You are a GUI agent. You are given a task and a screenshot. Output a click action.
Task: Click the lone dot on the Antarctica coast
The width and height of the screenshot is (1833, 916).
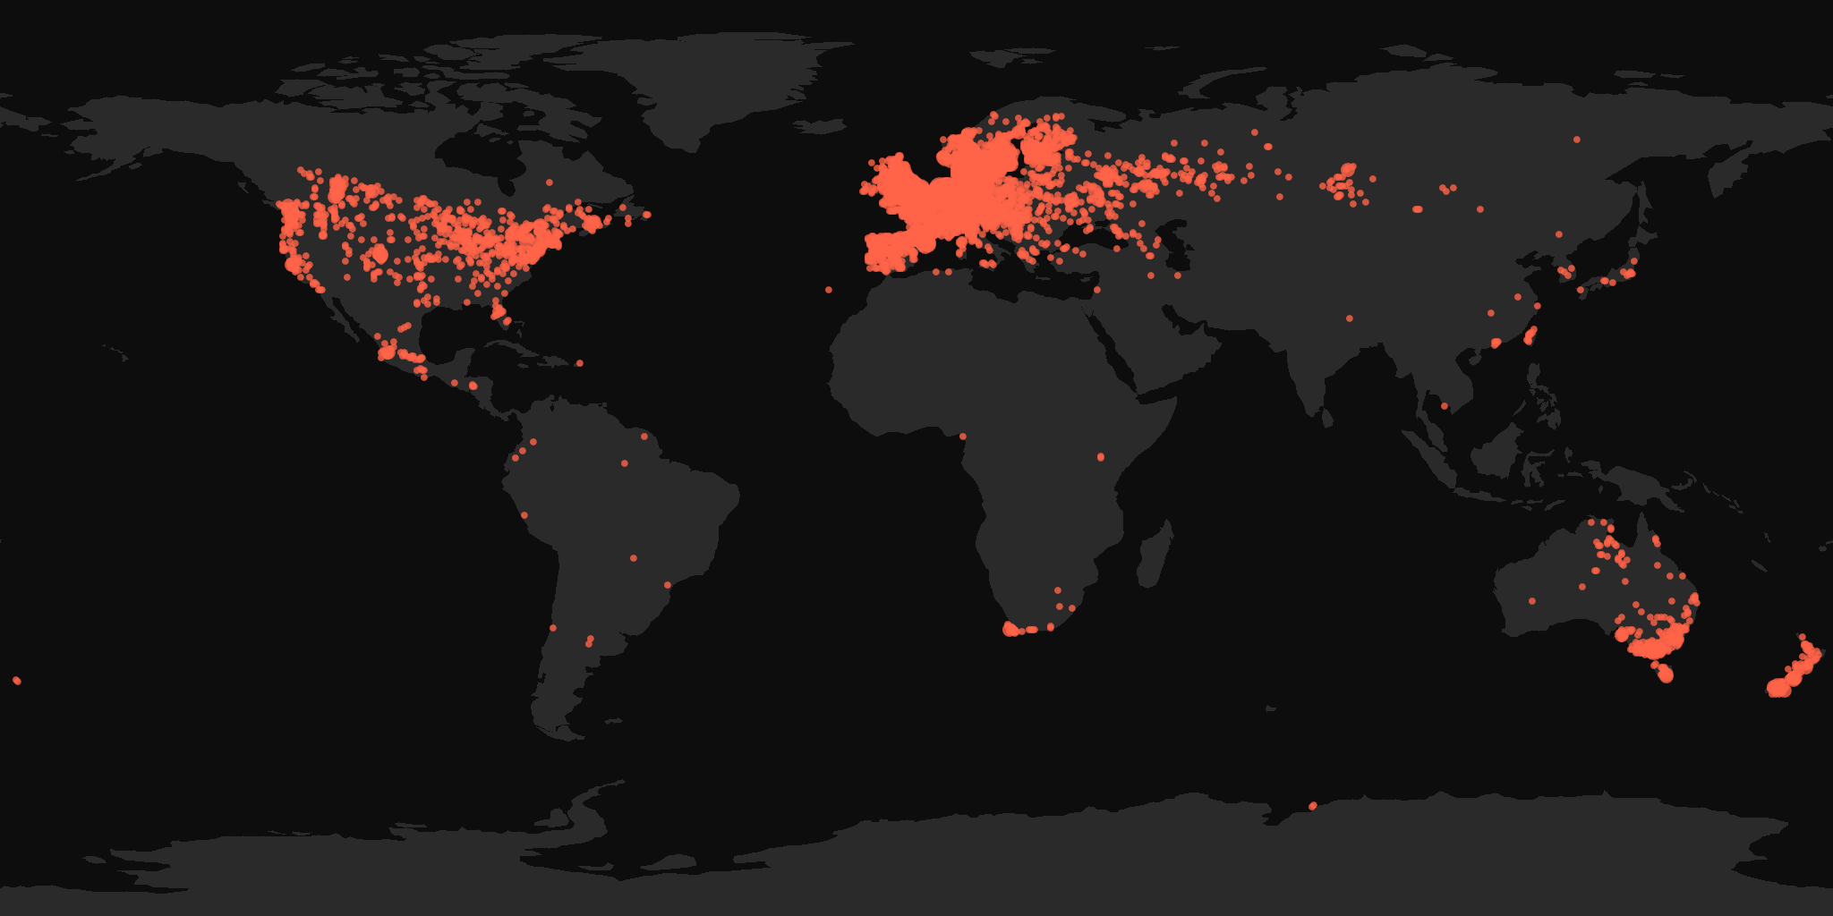(1313, 806)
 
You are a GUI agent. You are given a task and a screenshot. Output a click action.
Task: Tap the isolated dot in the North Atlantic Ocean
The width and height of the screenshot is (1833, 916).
(829, 290)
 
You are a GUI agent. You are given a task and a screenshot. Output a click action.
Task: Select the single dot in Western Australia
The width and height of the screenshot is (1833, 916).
(1532, 601)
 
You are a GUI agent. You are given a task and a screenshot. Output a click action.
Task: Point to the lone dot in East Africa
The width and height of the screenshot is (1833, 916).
(1101, 457)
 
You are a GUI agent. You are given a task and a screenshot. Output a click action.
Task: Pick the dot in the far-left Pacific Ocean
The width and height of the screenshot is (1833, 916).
(17, 681)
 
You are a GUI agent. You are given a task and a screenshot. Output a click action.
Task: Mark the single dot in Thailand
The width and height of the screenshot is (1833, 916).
(1445, 406)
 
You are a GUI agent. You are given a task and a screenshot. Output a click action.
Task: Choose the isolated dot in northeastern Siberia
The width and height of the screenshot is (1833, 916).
(1576, 140)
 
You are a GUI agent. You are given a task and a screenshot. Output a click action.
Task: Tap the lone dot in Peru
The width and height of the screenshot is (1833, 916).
(524, 514)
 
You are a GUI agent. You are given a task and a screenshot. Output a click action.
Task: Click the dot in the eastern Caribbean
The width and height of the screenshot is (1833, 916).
(579, 363)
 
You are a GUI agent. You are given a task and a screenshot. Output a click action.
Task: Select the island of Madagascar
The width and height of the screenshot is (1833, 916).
(1155, 555)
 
